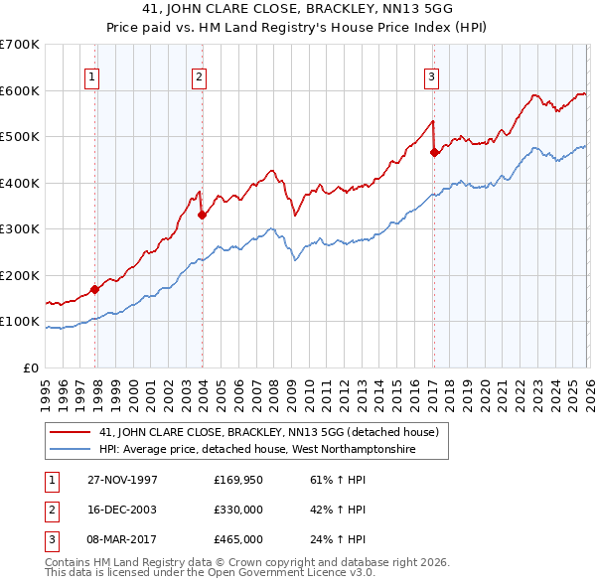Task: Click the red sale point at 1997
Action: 95,290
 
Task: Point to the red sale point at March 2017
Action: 434,153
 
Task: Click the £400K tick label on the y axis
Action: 20,183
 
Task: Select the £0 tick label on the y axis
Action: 30,367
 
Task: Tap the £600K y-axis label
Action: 20,90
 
